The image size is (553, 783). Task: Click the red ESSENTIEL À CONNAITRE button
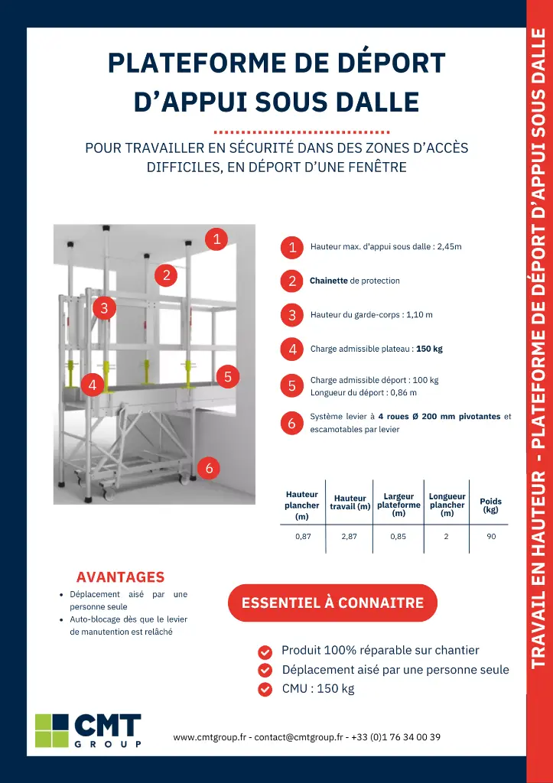333,603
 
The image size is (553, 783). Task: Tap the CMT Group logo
89,731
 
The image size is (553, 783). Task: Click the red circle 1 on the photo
217,239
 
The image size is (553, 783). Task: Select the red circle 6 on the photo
209,468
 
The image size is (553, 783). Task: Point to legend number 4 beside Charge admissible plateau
292,349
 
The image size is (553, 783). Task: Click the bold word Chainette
329,281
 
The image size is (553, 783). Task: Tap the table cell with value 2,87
350,537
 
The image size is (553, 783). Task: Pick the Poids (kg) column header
490,505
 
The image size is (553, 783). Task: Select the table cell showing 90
491,537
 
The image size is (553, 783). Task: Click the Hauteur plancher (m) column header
302,505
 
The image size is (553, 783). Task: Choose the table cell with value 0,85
398,537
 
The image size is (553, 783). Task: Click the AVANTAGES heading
120,577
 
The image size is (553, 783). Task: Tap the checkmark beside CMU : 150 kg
265,689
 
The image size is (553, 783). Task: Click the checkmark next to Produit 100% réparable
265,652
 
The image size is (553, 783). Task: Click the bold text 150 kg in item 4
429,349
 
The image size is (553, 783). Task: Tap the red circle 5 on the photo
228,376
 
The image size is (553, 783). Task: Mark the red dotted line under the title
302,132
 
